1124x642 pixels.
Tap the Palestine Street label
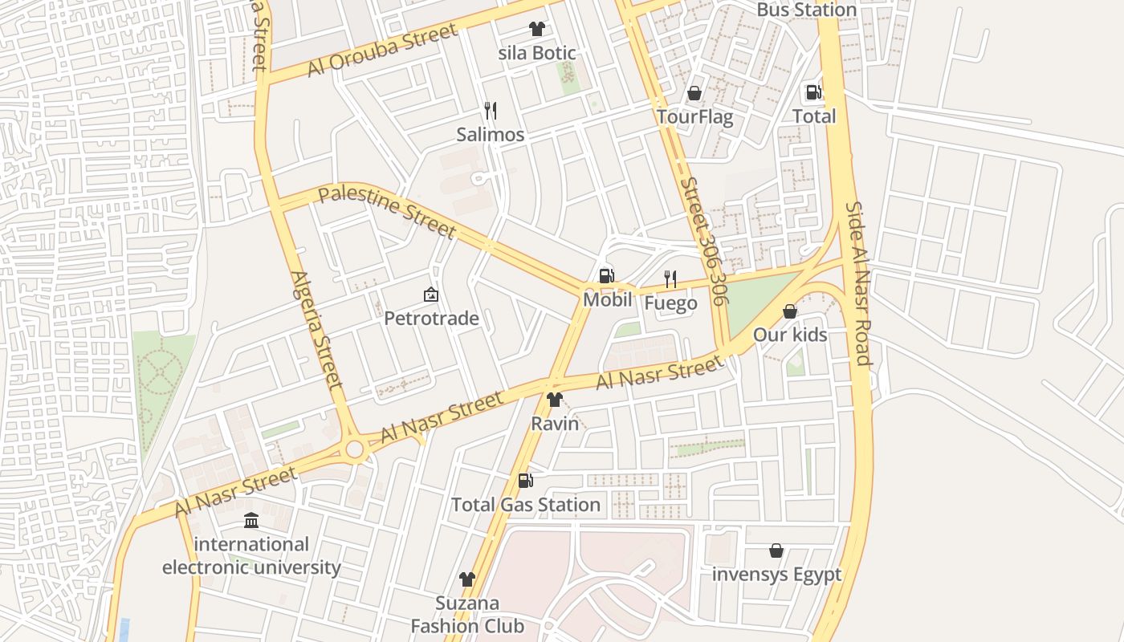coord(387,212)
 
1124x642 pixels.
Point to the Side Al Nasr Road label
coord(857,282)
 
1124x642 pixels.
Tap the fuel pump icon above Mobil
coord(607,276)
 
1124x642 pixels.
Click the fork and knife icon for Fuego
coord(670,279)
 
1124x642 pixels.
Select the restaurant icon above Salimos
coord(490,111)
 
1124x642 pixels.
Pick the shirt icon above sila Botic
coord(537,29)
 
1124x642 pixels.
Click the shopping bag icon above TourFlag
coord(694,93)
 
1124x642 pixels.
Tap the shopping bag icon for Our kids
coord(790,311)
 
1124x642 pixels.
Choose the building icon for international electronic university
coord(251,520)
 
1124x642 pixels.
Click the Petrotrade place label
coord(431,319)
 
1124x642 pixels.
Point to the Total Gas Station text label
coord(526,505)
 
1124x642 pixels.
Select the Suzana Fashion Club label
coord(467,615)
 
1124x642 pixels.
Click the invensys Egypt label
coord(776,575)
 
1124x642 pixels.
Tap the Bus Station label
coord(807,10)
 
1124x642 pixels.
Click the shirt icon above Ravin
coord(554,400)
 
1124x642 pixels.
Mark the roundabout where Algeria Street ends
coord(355,449)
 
